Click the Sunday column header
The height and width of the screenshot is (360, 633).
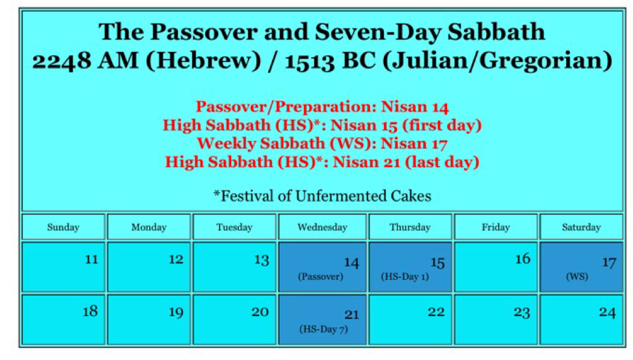pos(63,227)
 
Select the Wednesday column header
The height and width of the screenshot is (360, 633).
pos(322,227)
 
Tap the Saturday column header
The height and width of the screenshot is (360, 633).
pos(581,227)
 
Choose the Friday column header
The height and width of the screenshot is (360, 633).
pos(495,227)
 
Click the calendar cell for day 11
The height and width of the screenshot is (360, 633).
pos(63,267)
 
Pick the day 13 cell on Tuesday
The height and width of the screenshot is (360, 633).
pos(234,267)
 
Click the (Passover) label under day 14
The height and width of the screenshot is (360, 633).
pos(321,277)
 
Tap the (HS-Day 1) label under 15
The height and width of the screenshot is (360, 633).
pos(405,277)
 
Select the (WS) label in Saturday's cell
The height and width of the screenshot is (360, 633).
pos(577,277)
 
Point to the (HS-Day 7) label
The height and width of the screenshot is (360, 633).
pos(324,329)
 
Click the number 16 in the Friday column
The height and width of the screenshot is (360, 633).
pos(523,259)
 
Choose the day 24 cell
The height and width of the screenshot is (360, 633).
pos(581,320)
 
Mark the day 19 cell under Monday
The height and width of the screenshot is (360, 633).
pos(149,320)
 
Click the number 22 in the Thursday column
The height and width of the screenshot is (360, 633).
pos(436,312)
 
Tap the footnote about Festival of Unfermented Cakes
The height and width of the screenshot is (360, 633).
pos(322,196)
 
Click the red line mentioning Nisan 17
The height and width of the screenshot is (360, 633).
pos(322,143)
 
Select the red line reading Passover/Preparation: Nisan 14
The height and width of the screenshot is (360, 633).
pos(322,107)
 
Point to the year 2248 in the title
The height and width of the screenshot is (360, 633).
pos(62,61)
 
